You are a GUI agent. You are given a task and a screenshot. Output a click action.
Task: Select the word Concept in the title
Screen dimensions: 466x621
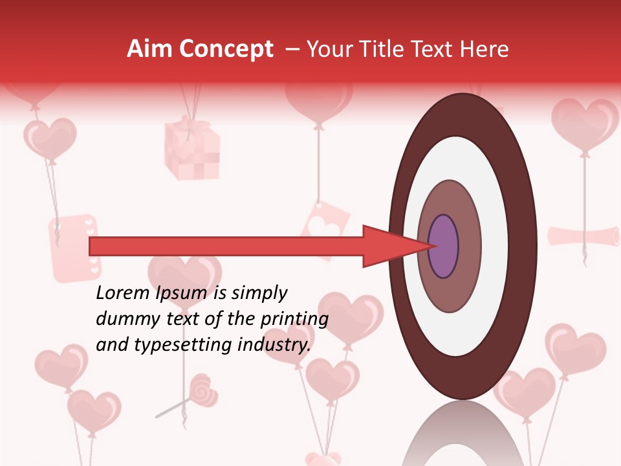(x=226, y=49)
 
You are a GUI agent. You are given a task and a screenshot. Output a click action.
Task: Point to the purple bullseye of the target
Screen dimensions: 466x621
(x=443, y=246)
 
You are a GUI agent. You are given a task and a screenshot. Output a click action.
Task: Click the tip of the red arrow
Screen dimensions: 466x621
(x=430, y=246)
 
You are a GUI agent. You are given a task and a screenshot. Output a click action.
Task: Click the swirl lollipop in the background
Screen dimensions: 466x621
(x=203, y=390)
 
